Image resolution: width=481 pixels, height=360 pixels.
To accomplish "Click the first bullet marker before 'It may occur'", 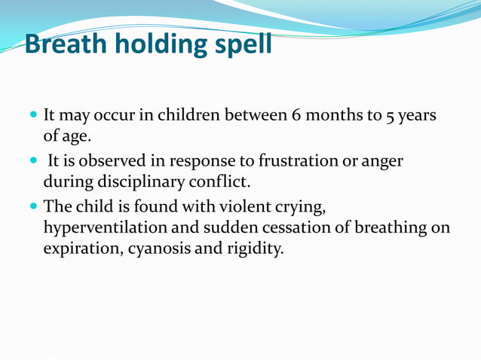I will coord(32,117).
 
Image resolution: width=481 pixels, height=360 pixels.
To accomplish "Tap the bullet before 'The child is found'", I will coord(32,205).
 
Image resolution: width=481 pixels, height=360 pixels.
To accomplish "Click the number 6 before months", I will coord(296,117).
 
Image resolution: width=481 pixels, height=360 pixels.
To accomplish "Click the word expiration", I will coord(78,249).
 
